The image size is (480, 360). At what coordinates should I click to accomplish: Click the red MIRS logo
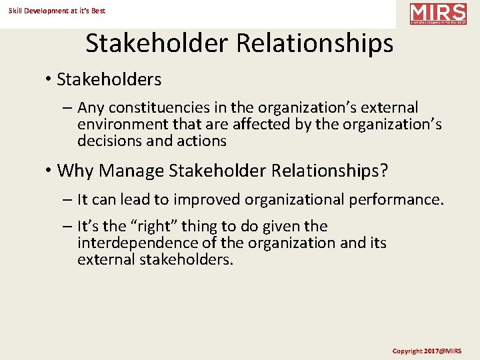(438, 14)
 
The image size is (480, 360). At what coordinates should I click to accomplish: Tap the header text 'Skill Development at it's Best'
(57, 11)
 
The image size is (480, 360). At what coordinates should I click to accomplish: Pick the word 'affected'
(292, 125)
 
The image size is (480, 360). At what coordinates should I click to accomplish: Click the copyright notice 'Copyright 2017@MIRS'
(427, 351)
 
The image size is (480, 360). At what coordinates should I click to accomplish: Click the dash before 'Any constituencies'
(69, 108)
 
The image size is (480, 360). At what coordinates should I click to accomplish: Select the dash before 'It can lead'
(69, 200)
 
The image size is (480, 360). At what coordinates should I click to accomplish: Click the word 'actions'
(202, 141)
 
